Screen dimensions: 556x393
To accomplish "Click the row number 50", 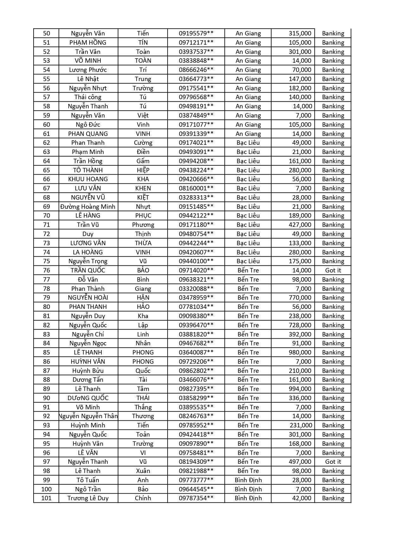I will pos(46,33).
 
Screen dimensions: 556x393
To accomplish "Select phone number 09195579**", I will pos(196,33).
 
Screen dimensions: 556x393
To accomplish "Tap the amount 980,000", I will pos(300,352).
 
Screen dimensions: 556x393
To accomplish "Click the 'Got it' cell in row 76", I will pos(333,270).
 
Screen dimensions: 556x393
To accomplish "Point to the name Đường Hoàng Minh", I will pos(88,207).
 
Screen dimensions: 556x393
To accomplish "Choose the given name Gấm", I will pos(143,161).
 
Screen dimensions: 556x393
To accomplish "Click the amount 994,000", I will pos(300,389).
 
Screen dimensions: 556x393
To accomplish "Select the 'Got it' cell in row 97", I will pos(333,462).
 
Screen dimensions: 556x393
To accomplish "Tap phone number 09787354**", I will pos(196,498).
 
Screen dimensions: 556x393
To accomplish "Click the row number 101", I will pos(46,498).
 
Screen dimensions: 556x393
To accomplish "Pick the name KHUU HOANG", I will pos(88,179).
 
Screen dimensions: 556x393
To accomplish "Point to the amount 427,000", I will pos(300,225).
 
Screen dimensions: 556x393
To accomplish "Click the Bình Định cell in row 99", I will pos(248,480).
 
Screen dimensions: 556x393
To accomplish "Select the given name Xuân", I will pos(143,471).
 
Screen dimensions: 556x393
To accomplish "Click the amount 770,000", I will pos(300,297).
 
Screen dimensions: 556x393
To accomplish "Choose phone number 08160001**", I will pos(196,188).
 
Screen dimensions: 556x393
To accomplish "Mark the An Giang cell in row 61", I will pos(248,134).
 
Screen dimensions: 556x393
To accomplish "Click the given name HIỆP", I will pos(143,170).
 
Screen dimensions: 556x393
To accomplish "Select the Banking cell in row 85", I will pos(333,352).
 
